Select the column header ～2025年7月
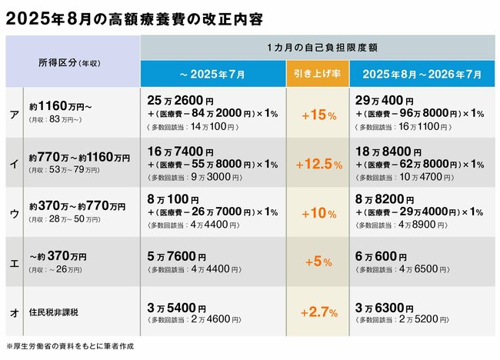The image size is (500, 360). click(x=212, y=75)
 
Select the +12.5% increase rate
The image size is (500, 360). click(x=318, y=164)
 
